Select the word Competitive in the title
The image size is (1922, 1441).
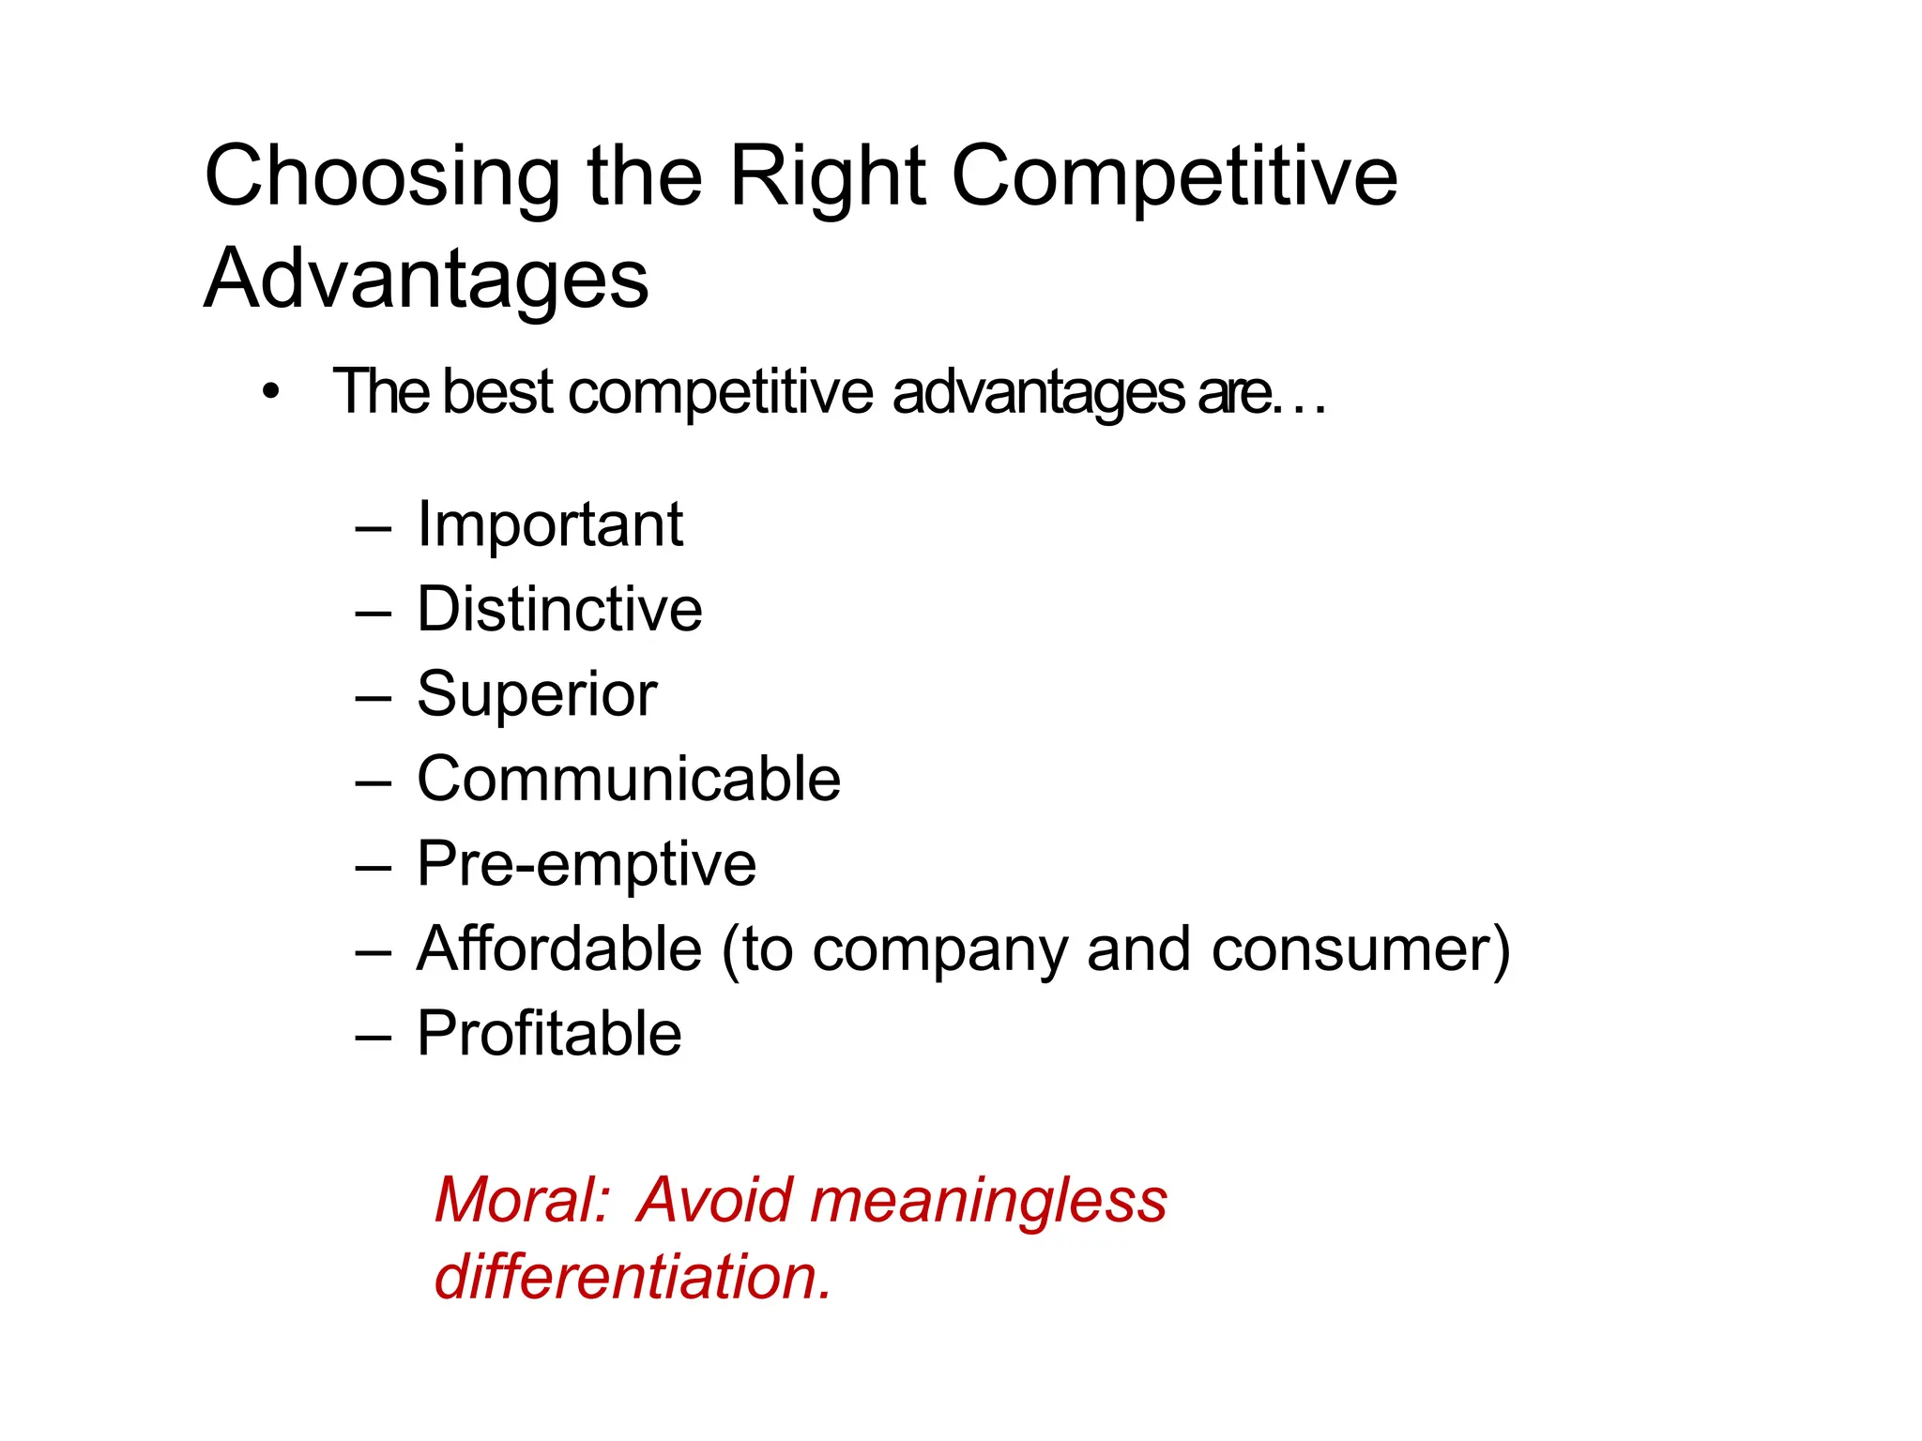1174,178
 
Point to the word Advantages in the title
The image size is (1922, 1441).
426,279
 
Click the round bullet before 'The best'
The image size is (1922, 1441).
271,392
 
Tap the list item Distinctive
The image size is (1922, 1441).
559,609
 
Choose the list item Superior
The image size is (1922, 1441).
537,694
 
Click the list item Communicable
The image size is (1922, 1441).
629,779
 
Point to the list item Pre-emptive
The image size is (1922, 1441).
587,864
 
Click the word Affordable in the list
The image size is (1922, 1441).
559,948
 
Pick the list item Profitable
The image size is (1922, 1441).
549,1034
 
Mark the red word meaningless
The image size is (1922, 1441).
988,1200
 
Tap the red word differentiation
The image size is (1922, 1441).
633,1278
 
